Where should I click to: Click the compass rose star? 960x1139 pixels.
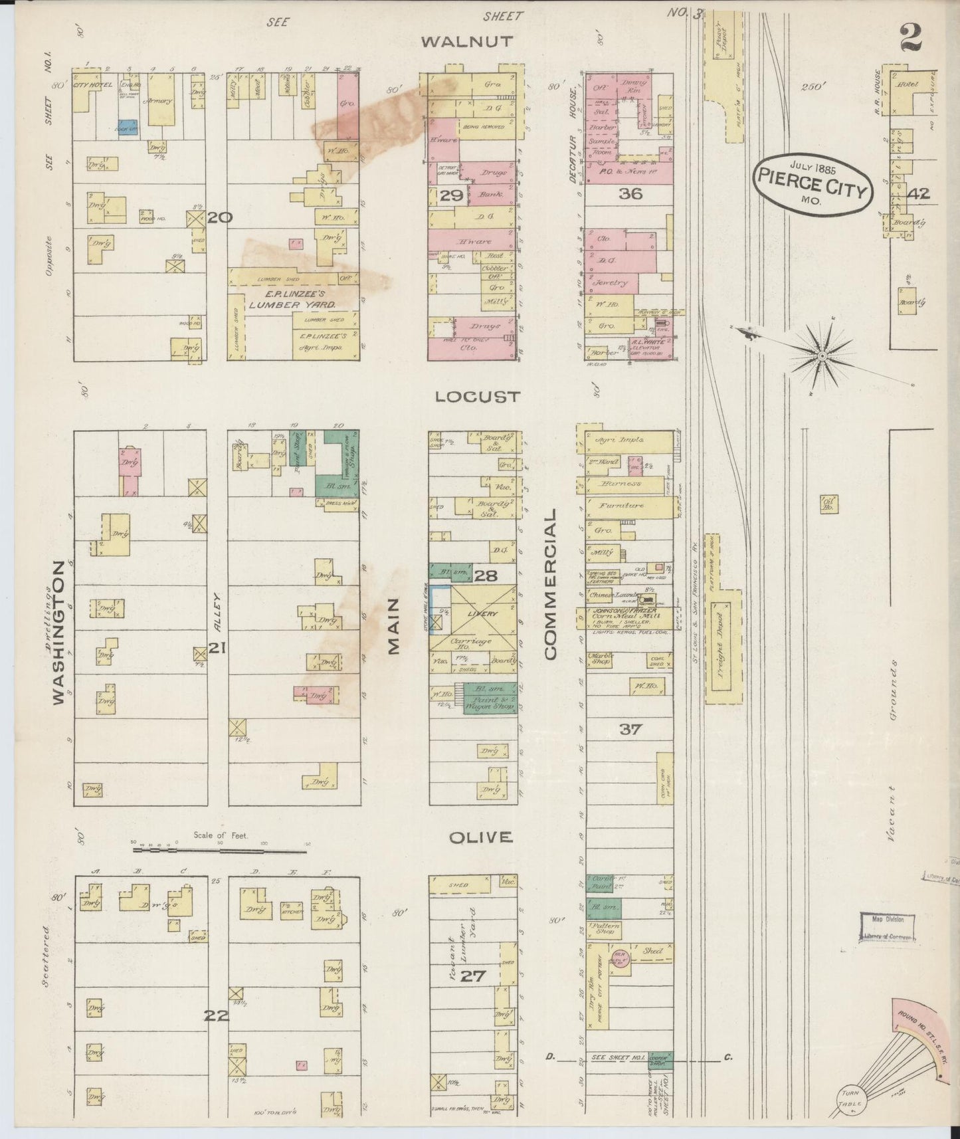tap(822, 356)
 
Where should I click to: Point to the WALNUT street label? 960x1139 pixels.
tap(468, 41)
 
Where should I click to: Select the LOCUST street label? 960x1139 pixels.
tap(477, 397)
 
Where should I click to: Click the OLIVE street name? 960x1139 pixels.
tap(480, 837)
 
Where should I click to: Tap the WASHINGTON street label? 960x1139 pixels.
tap(59, 632)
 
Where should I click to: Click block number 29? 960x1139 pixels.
tap(452, 195)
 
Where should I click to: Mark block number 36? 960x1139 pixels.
tap(629, 194)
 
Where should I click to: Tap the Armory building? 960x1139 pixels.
tap(161, 100)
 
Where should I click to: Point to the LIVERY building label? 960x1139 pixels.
tap(482, 613)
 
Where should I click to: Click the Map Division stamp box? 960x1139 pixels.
tap(887, 928)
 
